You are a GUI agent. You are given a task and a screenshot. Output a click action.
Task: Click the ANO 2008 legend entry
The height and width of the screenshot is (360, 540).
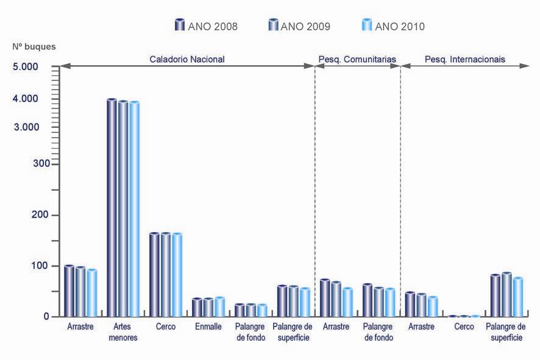(x=206, y=26)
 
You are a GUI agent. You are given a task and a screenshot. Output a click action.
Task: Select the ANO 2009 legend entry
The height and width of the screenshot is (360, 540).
(x=299, y=26)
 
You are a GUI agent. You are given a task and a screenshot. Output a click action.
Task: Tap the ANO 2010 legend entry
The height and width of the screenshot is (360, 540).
(x=393, y=26)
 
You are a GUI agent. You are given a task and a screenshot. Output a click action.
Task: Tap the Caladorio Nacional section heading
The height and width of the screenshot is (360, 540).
(x=187, y=59)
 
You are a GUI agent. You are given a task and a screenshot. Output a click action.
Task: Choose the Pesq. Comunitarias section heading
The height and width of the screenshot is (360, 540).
(x=357, y=59)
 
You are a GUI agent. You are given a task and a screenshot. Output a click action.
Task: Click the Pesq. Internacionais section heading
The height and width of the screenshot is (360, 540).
(x=465, y=59)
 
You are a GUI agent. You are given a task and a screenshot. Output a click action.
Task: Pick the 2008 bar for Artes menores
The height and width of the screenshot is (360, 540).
(x=112, y=207)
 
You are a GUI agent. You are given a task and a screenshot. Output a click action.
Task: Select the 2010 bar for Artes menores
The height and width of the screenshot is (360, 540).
(x=134, y=208)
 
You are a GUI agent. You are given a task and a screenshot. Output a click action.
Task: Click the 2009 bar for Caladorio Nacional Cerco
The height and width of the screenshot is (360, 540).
(x=166, y=274)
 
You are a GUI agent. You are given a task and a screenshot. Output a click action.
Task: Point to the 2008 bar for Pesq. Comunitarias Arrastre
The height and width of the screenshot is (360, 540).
(x=325, y=298)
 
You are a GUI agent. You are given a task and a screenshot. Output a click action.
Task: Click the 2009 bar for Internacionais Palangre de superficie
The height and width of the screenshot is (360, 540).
(x=506, y=294)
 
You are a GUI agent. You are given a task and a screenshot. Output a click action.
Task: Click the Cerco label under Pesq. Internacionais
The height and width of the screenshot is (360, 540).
(x=464, y=326)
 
